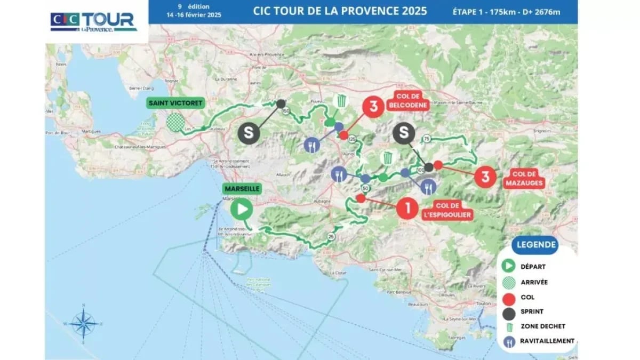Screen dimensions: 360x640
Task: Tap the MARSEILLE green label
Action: click(242, 189)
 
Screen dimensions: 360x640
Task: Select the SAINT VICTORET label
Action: click(177, 103)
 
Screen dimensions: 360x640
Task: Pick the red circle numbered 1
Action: click(408, 209)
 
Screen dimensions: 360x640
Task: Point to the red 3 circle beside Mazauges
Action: click(485, 177)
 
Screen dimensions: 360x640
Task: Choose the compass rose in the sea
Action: click(84, 323)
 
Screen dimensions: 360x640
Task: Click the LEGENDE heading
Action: click(534, 245)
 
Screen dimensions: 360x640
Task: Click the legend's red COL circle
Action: click(509, 297)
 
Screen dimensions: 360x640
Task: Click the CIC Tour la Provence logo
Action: click(94, 22)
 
